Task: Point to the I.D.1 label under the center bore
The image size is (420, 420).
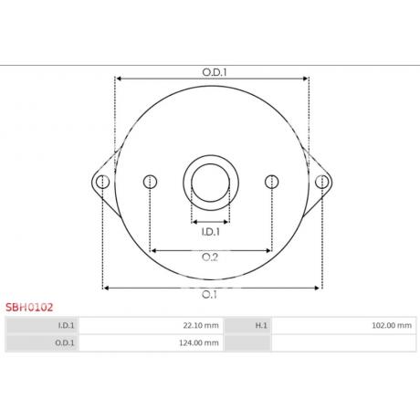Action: click(210, 232)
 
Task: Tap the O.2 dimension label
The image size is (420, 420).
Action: click(210, 257)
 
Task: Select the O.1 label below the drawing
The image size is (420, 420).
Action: click(209, 295)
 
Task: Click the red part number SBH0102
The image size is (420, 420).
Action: click(29, 308)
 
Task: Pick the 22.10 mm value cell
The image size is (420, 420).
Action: click(151, 325)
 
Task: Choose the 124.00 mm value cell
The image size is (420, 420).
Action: click(151, 343)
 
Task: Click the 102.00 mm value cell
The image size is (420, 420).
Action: click(344, 325)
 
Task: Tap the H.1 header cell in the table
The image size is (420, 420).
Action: click(247, 325)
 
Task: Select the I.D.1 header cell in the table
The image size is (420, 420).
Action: click(42, 325)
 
